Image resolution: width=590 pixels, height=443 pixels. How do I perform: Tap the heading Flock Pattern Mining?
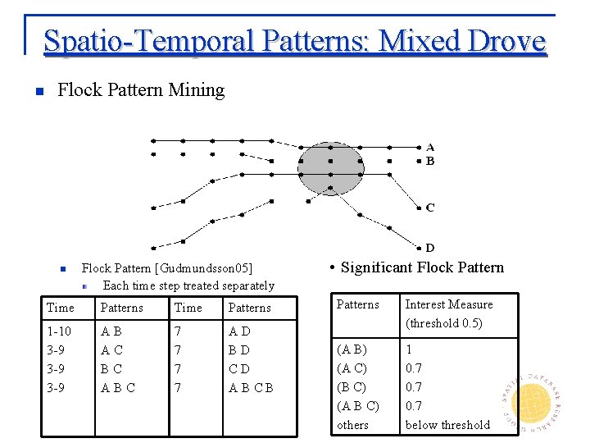click(x=141, y=89)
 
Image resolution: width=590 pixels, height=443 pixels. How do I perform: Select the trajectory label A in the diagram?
click(x=430, y=148)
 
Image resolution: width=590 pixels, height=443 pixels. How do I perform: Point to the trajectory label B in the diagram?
click(x=430, y=161)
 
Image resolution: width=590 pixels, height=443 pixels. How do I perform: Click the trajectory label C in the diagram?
click(x=430, y=208)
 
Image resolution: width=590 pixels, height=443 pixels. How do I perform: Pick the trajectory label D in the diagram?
click(x=430, y=248)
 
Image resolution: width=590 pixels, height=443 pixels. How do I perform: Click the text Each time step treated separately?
click(x=188, y=285)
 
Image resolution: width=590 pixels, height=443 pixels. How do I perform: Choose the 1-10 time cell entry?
click(x=59, y=332)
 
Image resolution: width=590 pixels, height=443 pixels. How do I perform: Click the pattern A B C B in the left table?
click(x=251, y=387)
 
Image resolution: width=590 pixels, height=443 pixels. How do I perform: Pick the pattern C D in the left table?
click(x=238, y=369)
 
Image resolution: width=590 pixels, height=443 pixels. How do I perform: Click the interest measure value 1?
click(x=409, y=349)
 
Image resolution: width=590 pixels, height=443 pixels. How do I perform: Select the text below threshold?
click(x=447, y=424)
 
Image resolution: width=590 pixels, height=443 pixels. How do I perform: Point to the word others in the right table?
click(x=353, y=425)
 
